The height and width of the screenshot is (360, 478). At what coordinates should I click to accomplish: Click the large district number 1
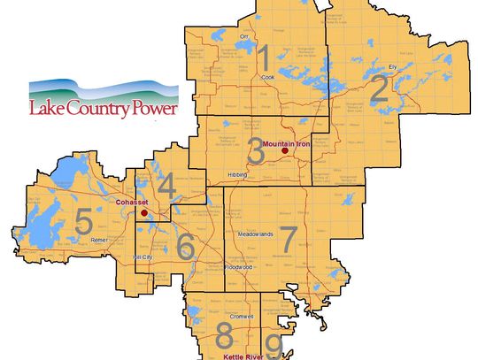pos(263,59)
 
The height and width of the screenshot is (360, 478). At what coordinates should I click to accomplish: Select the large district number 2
pos(378,89)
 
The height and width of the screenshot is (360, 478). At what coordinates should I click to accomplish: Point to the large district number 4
pos(166,187)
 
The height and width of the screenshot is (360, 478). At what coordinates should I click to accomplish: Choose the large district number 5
pos(83,222)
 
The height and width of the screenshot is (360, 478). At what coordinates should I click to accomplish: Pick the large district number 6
pos(185,247)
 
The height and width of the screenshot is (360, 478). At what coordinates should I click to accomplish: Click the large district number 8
pos(225,337)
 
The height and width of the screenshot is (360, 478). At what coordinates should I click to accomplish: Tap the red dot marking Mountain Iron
pos(284,151)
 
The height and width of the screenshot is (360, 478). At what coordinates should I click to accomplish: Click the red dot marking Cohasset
pos(143,212)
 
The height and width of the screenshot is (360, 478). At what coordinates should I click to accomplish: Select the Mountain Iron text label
pos(288,142)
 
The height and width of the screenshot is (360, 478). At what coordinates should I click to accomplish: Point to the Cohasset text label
pos(131,203)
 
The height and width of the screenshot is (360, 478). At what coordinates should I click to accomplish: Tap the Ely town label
pos(394,66)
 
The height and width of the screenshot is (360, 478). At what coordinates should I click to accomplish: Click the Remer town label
pos(99,240)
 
